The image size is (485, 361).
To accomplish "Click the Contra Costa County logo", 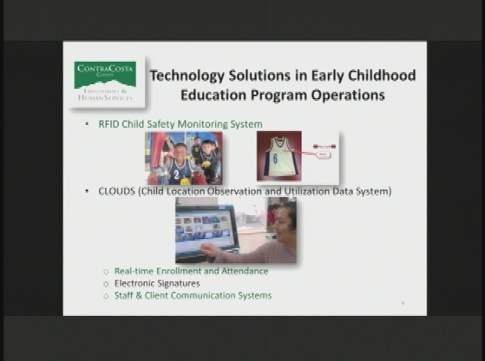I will pos(105,80).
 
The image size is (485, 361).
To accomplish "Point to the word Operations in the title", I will pos(350,96).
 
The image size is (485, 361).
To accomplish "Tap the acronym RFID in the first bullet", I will pos(110,124).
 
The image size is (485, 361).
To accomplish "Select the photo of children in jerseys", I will pos(184,158).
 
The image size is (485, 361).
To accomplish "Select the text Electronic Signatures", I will pos(157,284).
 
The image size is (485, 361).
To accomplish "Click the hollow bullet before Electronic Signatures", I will pos(106,284).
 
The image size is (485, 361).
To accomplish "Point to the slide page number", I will pos(403,302).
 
